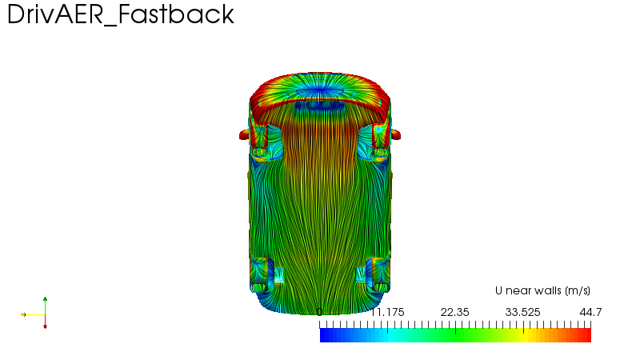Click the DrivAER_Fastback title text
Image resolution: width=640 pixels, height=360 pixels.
pos(121,14)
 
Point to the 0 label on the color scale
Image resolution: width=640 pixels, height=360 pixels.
pos(319,312)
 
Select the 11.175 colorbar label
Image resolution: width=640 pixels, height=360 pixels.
pos(387,312)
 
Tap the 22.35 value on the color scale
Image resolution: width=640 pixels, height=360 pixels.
pos(454,312)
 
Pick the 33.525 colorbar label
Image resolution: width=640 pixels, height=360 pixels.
pos(523,312)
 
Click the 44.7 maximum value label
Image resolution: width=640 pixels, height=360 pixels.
pos(590,312)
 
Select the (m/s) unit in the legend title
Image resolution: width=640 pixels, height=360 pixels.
pos(578,291)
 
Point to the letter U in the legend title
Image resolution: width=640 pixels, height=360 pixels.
pos(498,290)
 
